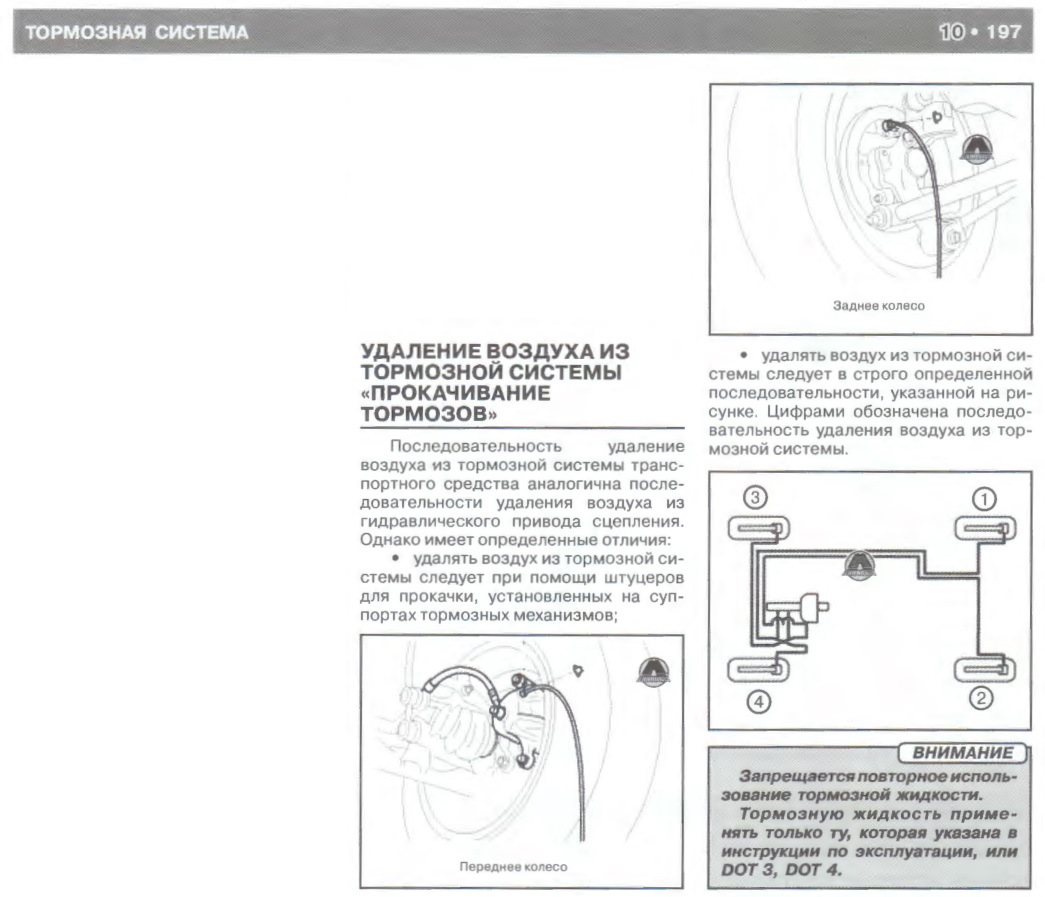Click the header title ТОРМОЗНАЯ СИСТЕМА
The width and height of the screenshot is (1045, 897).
tap(137, 33)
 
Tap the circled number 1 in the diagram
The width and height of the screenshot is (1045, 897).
tap(984, 499)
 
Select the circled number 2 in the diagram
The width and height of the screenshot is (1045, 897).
tap(981, 698)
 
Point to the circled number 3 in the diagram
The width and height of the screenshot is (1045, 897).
tap(754, 497)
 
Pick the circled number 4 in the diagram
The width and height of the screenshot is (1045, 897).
tap(758, 701)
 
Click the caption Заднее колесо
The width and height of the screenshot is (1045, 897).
tap(878, 306)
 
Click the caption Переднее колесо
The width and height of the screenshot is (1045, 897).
tap(513, 866)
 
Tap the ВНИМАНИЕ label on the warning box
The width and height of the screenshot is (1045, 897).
tap(962, 753)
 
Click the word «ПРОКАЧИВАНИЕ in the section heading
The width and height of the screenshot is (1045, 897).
tap(455, 393)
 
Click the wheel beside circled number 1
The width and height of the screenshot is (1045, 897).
tap(985, 529)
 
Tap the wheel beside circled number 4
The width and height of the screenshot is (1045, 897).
tap(758, 669)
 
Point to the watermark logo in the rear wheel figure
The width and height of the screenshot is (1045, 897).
tap(976, 149)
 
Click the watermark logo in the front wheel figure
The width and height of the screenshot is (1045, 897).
tap(653, 671)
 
